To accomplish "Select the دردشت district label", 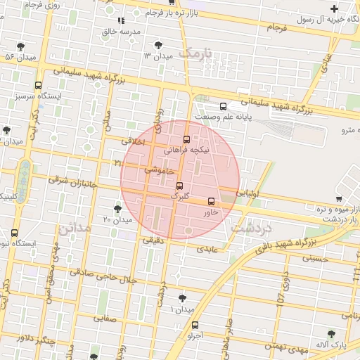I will (254, 230).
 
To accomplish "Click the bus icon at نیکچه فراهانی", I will (186, 139).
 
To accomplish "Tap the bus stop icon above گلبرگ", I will (179, 186).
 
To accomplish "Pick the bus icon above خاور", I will (212, 202).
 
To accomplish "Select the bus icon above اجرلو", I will (195, 325).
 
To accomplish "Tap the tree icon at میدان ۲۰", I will (117, 209).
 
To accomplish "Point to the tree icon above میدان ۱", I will (183, 298).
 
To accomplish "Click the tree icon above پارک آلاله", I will (331, 335).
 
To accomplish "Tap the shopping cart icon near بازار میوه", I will (339, 199).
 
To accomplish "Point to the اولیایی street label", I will (249, 191).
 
